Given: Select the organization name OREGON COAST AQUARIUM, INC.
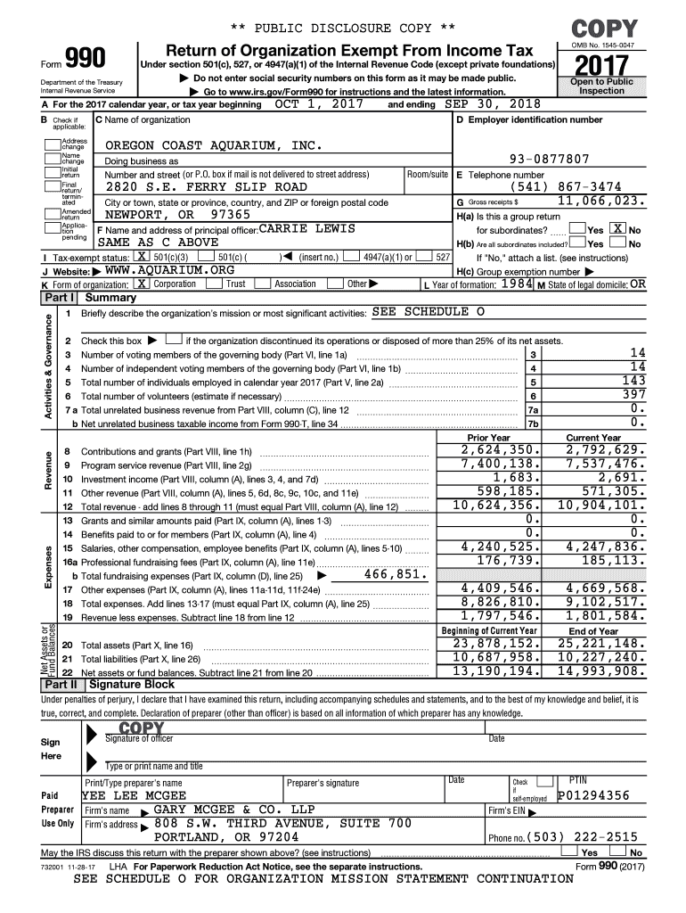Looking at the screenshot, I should click(x=213, y=145).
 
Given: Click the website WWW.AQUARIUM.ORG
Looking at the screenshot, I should click(x=168, y=270).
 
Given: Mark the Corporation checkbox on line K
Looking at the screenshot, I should click(x=142, y=284).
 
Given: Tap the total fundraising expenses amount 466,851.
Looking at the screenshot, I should click(x=396, y=574).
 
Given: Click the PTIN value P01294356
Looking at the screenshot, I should click(x=593, y=795).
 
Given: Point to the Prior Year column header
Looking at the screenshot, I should click(x=488, y=438).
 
